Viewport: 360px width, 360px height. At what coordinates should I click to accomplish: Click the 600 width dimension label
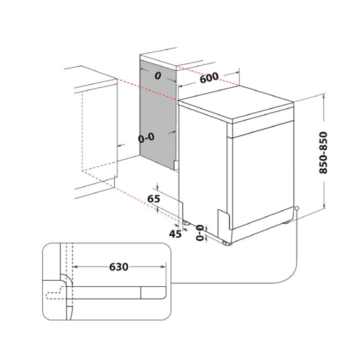pyautogui.click(x=209, y=77)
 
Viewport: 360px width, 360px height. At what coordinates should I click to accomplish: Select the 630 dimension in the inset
pyautogui.click(x=119, y=267)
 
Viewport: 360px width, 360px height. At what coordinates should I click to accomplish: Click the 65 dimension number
pyautogui.click(x=154, y=198)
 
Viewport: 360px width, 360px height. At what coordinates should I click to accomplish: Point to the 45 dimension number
pyautogui.click(x=175, y=233)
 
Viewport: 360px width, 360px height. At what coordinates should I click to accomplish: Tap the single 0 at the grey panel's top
pyautogui.click(x=157, y=76)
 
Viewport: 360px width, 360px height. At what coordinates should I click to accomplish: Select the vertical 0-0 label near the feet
pyautogui.click(x=199, y=232)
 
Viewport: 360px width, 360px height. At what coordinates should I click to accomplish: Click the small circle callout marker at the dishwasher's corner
pyautogui.click(x=297, y=208)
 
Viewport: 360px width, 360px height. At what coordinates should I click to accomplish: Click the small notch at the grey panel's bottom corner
pyautogui.click(x=176, y=165)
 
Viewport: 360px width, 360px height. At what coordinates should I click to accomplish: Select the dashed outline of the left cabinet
pyautogui.click(x=83, y=135)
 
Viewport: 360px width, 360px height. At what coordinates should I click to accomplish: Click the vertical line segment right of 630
pyautogui.click(x=166, y=270)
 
